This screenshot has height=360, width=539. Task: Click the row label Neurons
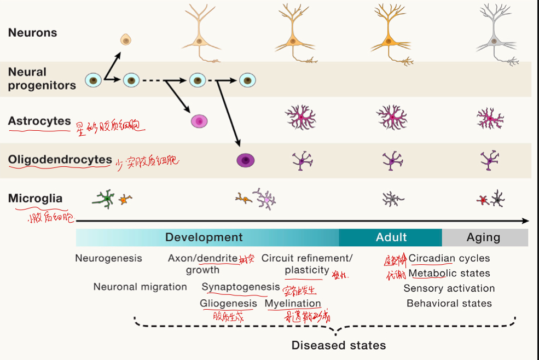(32, 33)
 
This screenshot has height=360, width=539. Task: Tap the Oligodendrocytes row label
(60, 160)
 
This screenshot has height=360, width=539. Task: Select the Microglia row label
(35, 199)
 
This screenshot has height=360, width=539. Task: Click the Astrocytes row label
(39, 121)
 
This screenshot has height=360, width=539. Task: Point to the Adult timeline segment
(391, 237)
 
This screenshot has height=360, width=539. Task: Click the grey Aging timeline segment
(483, 237)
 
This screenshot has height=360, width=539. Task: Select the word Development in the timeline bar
(204, 237)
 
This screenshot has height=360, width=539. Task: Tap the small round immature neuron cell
(126, 39)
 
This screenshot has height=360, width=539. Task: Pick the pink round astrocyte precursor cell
(199, 121)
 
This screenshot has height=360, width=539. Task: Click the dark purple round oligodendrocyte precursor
(245, 160)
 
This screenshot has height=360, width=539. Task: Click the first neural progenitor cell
(93, 81)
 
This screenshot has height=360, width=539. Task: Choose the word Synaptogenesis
(241, 287)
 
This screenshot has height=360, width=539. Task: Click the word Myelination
(293, 303)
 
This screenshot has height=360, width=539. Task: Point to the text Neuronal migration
(140, 287)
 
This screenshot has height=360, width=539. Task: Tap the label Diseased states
(339, 345)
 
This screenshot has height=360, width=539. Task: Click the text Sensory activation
(449, 288)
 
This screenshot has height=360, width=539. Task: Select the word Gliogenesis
(228, 303)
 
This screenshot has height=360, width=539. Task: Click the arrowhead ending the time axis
(526, 220)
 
